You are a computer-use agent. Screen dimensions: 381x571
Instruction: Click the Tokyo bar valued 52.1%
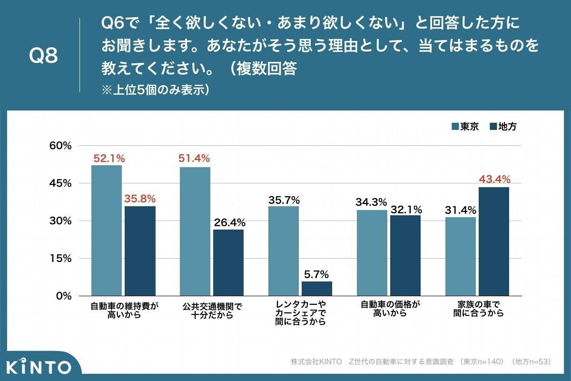(106, 231)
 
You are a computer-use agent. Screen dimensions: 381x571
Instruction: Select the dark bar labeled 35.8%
(140, 251)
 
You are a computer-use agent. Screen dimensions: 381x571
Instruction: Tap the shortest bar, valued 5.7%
(317, 289)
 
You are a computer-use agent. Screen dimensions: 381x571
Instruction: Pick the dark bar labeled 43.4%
(494, 241)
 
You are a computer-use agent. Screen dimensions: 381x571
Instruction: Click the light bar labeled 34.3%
(372, 253)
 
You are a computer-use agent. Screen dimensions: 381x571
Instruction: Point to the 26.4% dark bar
(228, 263)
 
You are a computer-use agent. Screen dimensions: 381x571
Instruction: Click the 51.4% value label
(194, 158)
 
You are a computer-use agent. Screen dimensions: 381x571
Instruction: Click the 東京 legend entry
(465, 127)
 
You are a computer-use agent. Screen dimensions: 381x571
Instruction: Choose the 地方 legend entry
(502, 127)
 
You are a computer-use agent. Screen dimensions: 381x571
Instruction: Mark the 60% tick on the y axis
(60, 146)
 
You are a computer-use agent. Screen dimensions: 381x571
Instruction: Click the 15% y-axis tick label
(60, 259)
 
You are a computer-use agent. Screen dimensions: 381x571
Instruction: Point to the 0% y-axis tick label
(63, 296)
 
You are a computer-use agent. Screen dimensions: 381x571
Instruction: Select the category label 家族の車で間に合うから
(477, 309)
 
